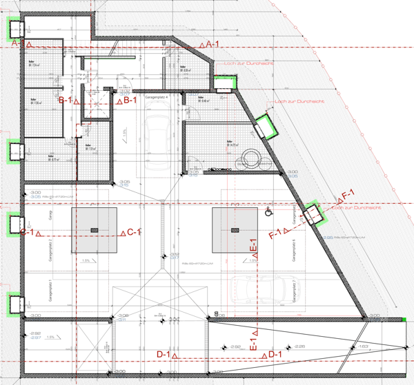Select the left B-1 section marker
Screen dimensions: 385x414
(x=66, y=101)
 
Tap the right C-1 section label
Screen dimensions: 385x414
(x=133, y=233)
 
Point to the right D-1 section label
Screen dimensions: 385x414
(x=274, y=355)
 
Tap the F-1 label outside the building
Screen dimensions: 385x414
(x=347, y=196)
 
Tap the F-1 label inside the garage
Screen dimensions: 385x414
(x=275, y=233)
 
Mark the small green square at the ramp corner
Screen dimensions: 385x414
(x=402, y=320)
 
